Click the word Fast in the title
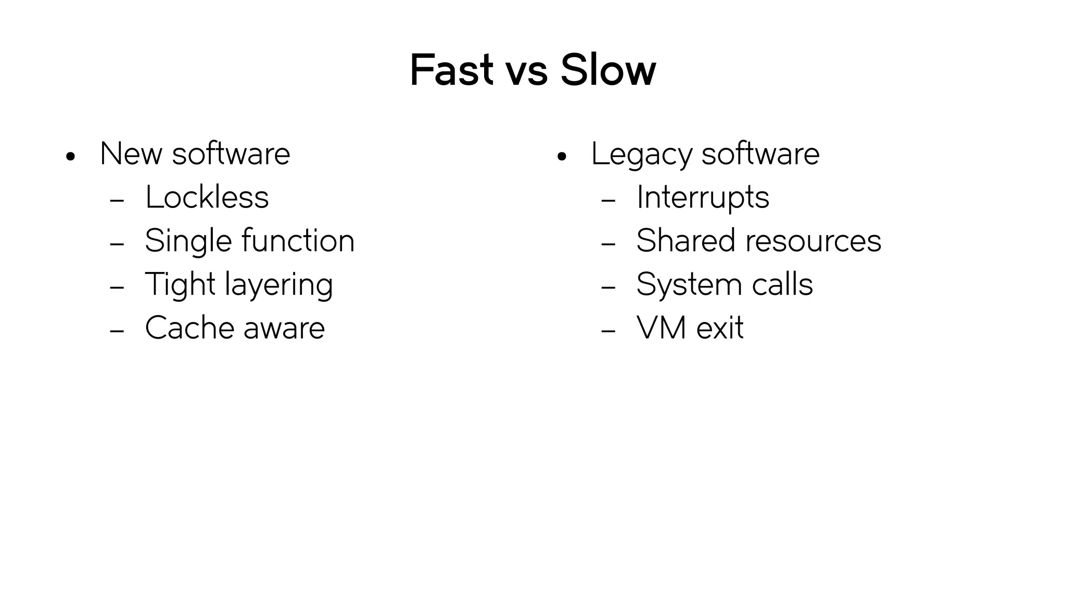[x=451, y=70]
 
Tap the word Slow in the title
[x=608, y=70]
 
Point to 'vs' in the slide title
[x=526, y=73]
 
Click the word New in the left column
[x=131, y=154]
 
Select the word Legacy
[x=641, y=155]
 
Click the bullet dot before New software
[x=71, y=156]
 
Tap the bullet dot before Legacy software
[x=561, y=156]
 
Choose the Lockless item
[x=207, y=198]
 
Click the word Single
[x=188, y=242]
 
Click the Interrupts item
[x=703, y=198]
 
